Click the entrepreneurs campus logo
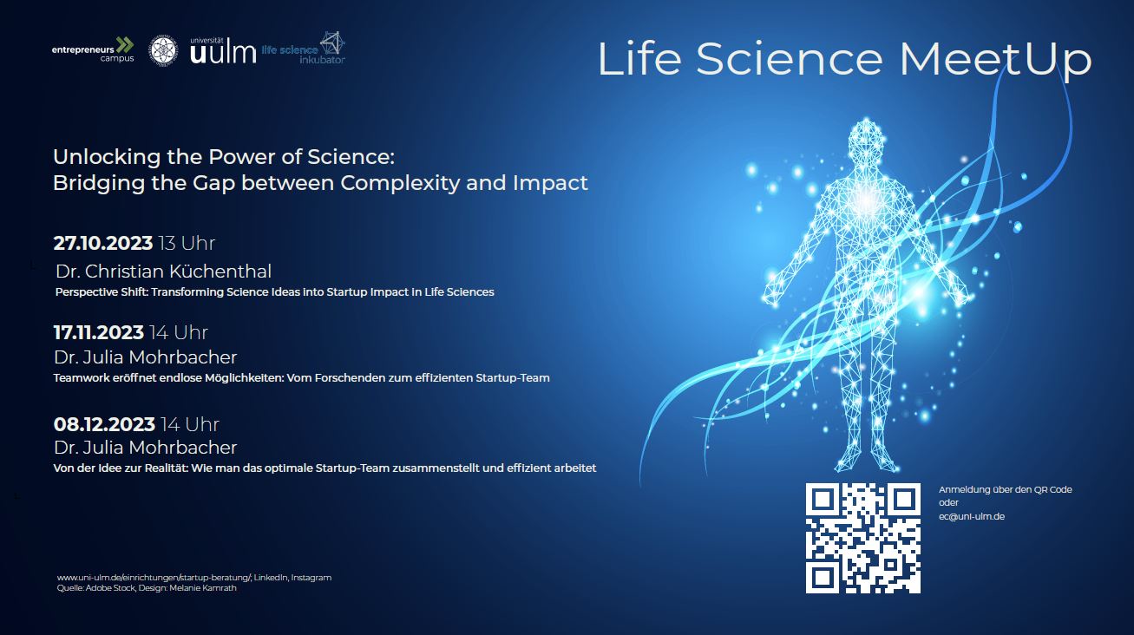[93, 49]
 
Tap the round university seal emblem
[163, 50]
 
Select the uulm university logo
[223, 50]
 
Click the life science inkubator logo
[304, 49]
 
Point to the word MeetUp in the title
[995, 59]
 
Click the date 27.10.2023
[103, 244]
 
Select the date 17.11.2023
[99, 332]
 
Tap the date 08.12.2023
[104, 424]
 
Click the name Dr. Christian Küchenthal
[163, 272]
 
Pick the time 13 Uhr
[187, 244]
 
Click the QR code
[863, 538]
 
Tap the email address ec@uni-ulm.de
[972, 517]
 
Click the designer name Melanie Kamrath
[202, 588]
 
